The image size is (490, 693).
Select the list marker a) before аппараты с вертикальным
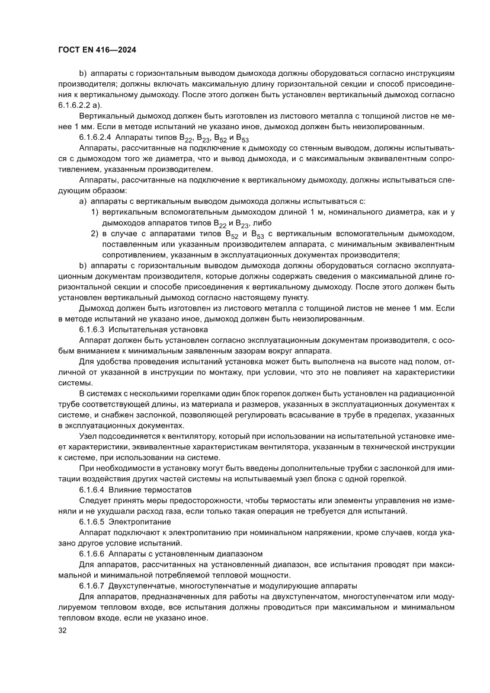pyautogui.click(x=82, y=202)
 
